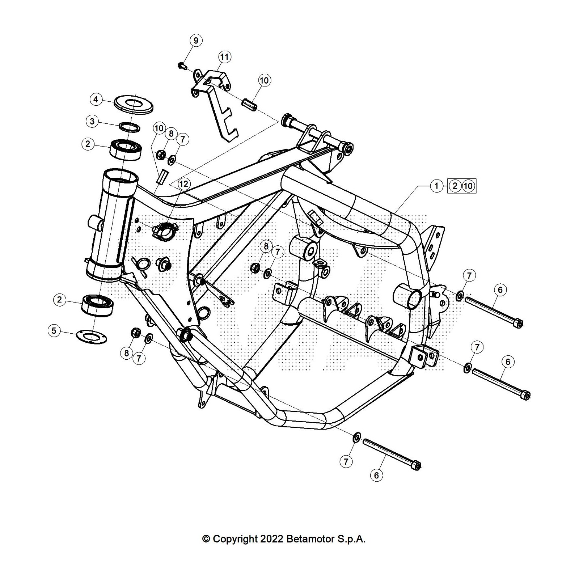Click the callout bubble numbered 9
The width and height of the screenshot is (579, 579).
196,40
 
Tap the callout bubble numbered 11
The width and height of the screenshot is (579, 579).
225,57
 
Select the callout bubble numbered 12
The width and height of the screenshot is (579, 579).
183,184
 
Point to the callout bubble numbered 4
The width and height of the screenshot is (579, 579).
96,99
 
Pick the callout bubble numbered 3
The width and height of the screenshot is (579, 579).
92,121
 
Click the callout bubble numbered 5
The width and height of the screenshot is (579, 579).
54,330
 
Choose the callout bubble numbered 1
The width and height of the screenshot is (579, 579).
436,186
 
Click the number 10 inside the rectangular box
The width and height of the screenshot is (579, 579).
468,186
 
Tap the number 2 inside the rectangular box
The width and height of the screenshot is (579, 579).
455,186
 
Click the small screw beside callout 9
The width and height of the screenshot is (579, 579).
182,65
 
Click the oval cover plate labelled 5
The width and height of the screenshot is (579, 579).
90,337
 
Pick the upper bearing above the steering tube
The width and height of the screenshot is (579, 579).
126,149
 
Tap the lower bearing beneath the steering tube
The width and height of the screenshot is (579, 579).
97,305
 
